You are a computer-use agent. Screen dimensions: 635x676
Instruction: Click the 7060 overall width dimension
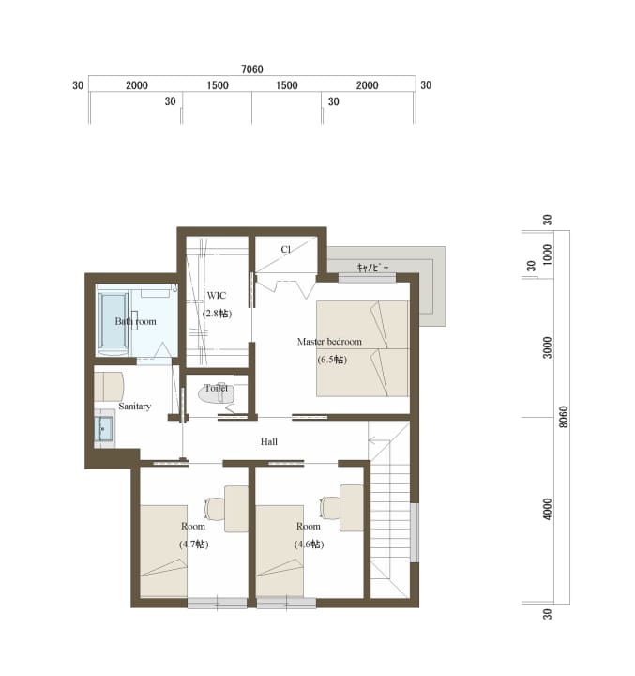[252, 69]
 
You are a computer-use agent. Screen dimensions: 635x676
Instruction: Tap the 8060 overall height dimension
[563, 417]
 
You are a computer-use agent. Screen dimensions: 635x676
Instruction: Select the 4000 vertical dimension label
[547, 509]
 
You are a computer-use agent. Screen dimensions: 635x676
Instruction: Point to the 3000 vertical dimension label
[547, 347]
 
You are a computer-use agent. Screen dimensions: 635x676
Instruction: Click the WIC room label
[217, 296]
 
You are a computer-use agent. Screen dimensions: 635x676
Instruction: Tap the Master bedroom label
[329, 342]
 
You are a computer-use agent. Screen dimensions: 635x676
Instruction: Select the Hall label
[269, 441]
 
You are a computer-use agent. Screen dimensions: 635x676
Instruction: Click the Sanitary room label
[135, 407]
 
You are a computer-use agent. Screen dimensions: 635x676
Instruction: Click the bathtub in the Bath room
[113, 320]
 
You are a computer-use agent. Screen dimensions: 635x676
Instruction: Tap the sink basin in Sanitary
[103, 429]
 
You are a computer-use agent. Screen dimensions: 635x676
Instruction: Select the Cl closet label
[286, 249]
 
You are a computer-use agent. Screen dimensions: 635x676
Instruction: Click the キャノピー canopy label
[373, 268]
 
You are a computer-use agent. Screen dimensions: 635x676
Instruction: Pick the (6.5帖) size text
[332, 359]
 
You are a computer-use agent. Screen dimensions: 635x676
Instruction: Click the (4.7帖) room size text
[194, 544]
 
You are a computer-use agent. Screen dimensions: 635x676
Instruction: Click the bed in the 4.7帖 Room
[163, 551]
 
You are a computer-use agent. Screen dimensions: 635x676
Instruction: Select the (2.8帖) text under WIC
[217, 313]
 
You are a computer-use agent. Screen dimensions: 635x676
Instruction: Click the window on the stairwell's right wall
[414, 532]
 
